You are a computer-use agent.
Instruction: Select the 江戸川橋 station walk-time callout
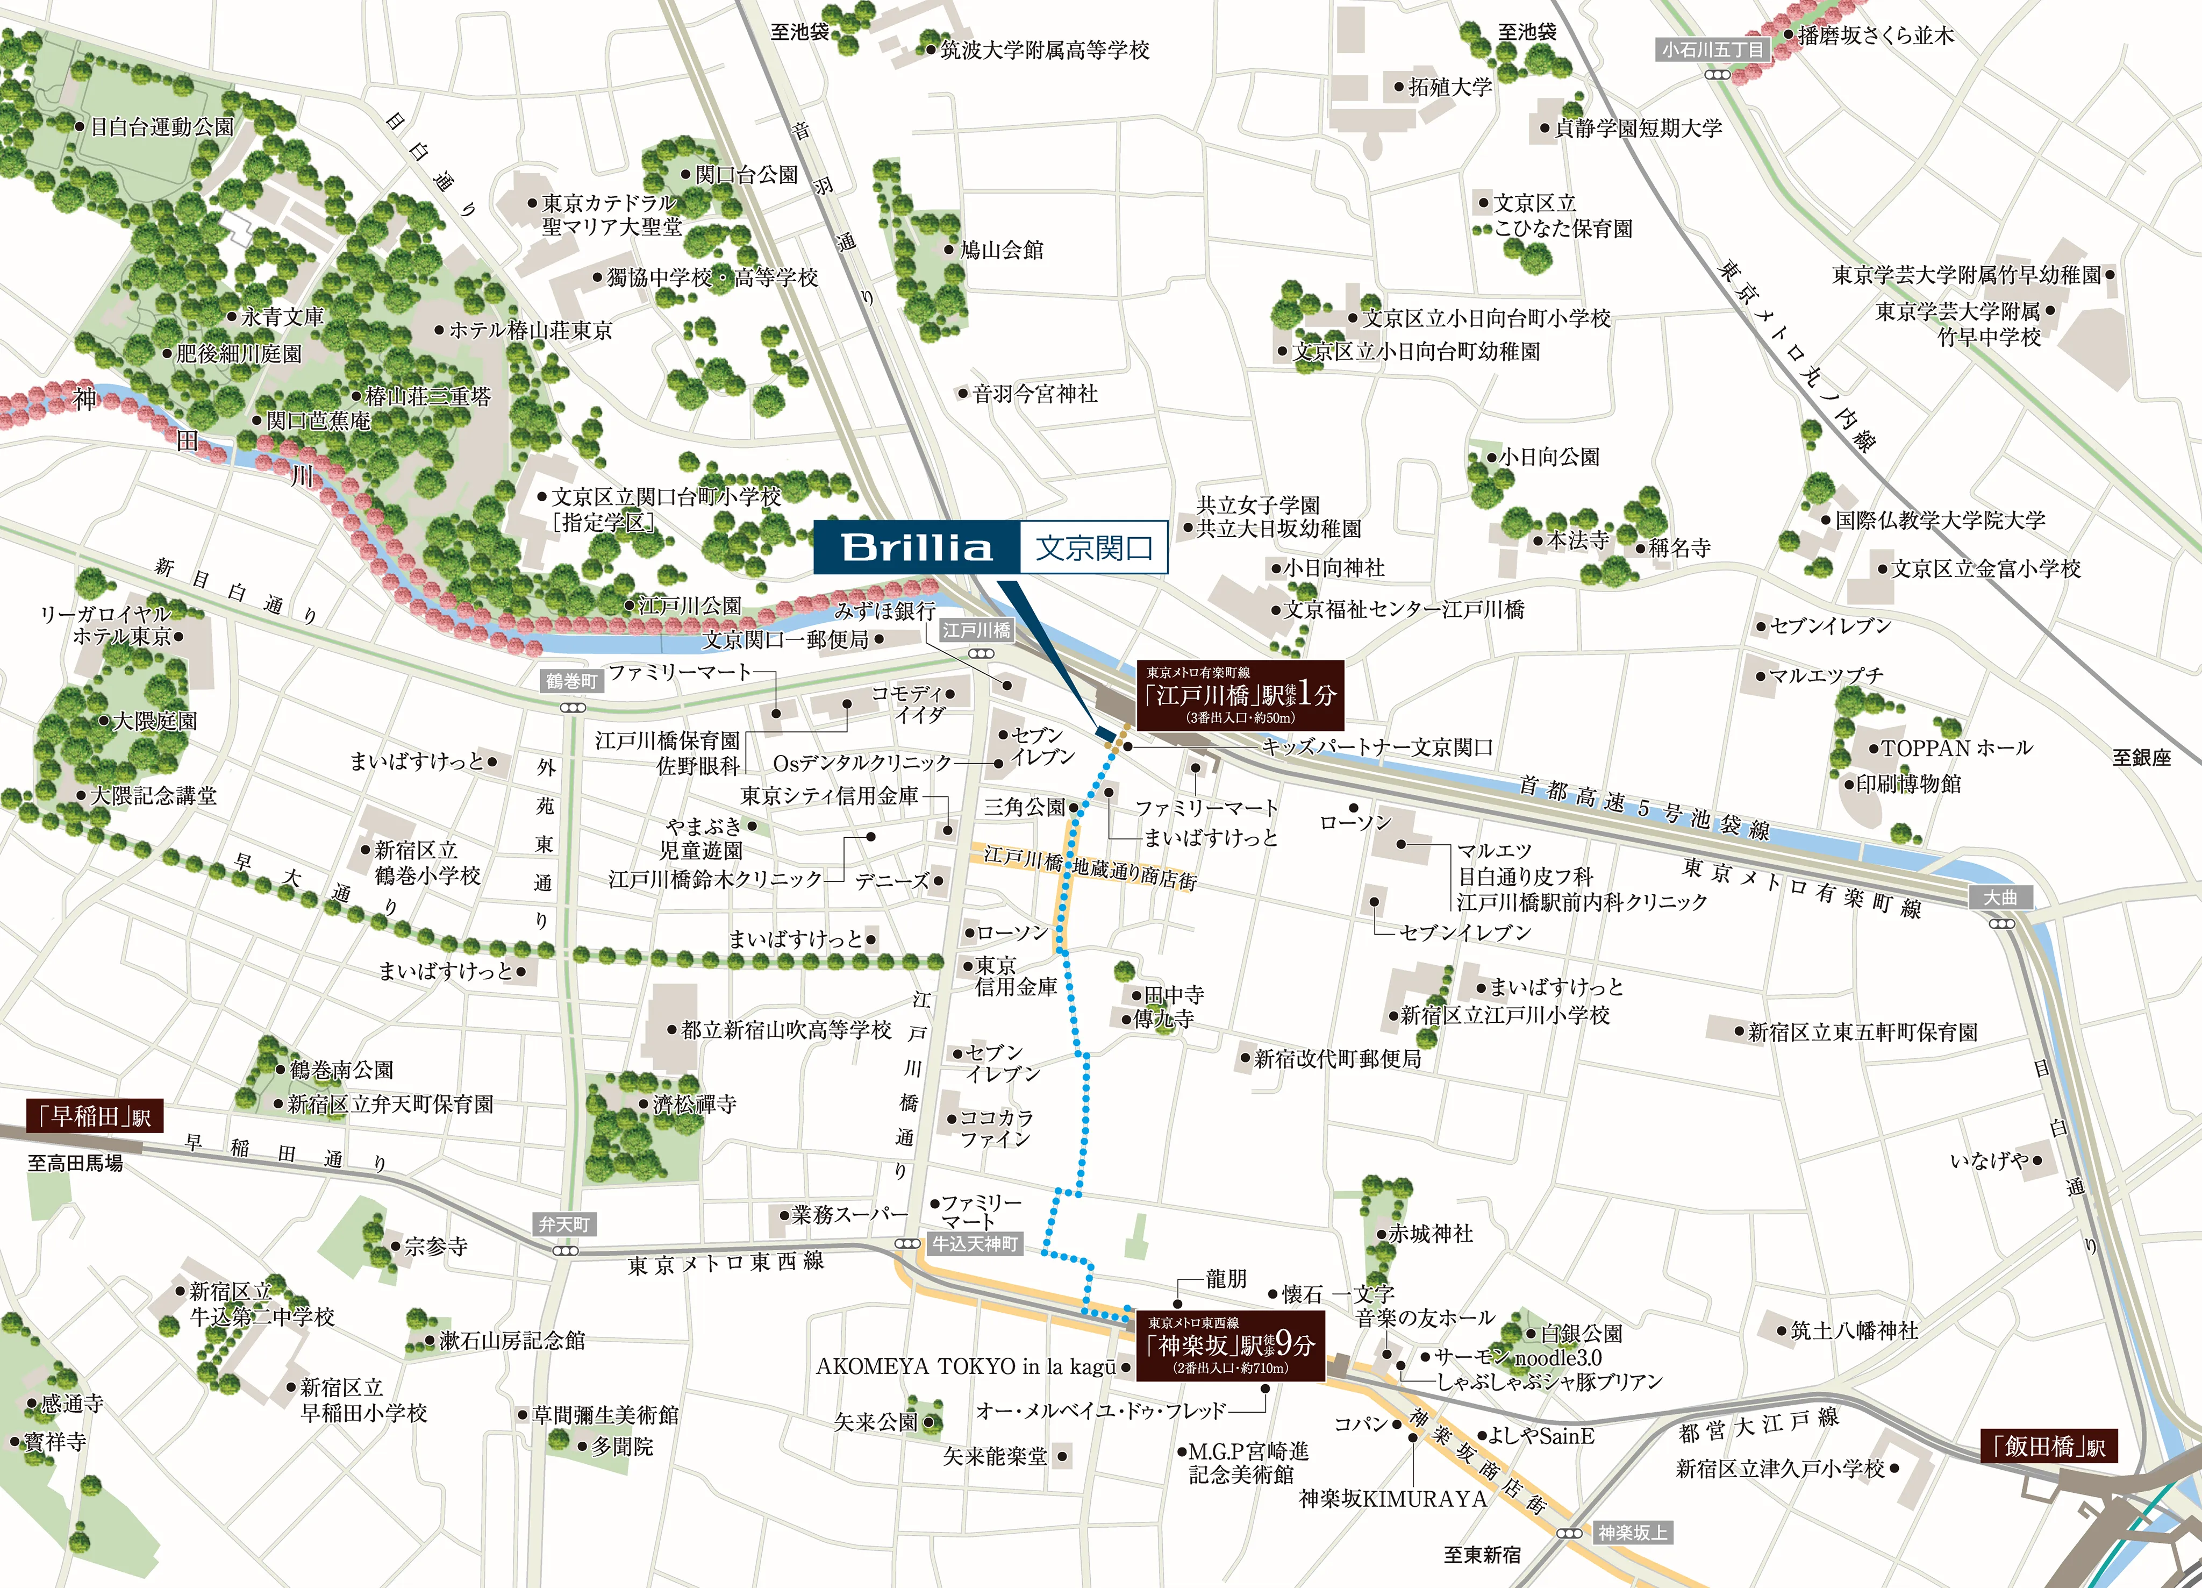(1240, 694)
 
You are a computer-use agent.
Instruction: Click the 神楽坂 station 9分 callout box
(1230, 1345)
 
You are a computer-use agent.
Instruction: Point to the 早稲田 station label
(94, 1116)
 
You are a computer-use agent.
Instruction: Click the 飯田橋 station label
(2049, 1446)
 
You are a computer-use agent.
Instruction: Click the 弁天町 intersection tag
(564, 1225)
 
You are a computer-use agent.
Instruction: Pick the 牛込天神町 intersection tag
(975, 1244)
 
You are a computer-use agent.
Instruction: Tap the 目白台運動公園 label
(161, 126)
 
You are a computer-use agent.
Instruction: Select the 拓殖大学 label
(1449, 87)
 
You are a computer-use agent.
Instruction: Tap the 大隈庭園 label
(154, 721)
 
